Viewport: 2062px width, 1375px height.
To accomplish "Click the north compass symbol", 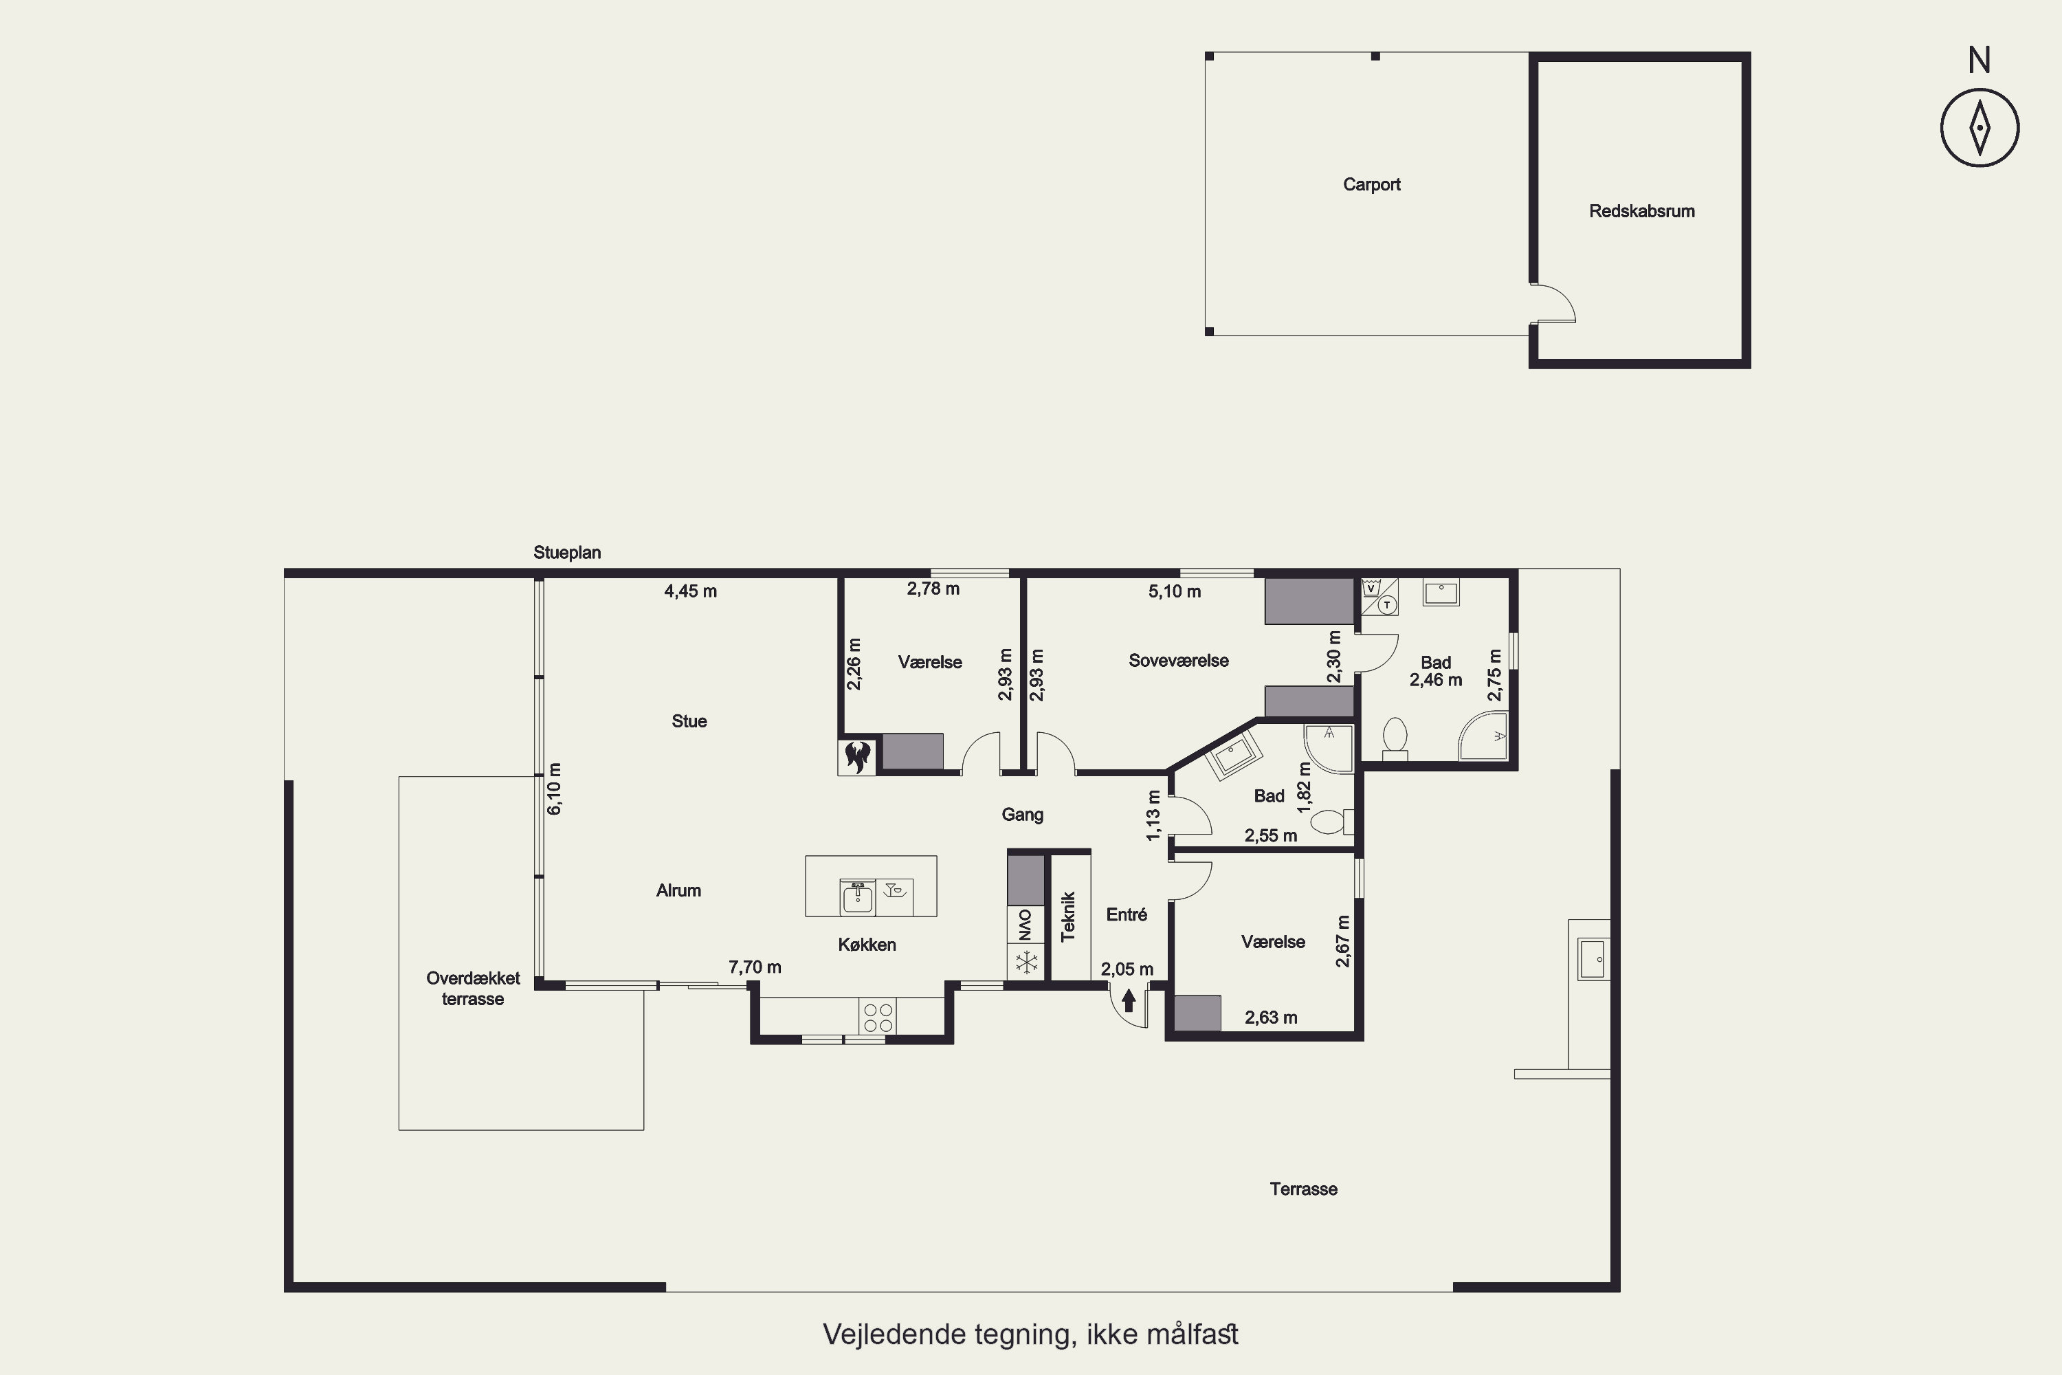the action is click(x=1980, y=127).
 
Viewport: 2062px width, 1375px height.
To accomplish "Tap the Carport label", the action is click(x=1371, y=185).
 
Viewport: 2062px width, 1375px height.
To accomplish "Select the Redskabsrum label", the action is click(x=1641, y=211).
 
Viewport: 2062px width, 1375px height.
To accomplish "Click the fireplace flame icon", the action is click(x=857, y=756).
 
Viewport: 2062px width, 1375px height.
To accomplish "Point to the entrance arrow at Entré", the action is click(x=1129, y=1000).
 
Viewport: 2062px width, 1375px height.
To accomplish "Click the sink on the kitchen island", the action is click(x=857, y=897).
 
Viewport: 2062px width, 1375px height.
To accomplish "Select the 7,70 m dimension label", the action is click(x=755, y=967).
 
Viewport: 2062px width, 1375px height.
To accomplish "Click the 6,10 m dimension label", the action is click(x=554, y=789).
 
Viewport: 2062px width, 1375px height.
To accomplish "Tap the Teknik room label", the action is click(x=1068, y=916).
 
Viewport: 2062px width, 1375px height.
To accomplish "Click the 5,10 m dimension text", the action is click(x=1174, y=592).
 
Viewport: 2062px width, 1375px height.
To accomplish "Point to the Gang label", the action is click(x=1022, y=815).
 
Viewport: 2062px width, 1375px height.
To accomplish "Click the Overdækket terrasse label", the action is click(x=474, y=989).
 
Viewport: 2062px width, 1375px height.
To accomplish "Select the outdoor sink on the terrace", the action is click(x=1594, y=958).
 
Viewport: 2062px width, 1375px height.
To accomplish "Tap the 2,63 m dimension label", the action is click(x=1270, y=1018).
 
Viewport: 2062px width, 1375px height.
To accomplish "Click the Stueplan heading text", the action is click(x=567, y=553).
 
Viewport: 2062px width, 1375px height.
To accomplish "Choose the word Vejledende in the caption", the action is click(x=895, y=1334).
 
